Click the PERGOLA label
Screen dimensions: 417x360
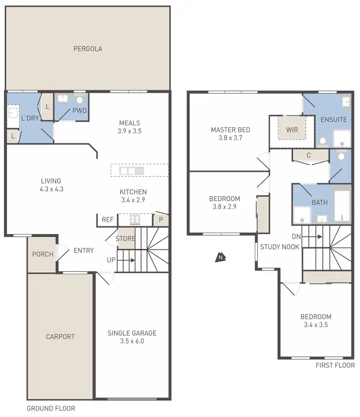88,49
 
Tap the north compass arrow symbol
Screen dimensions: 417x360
220,258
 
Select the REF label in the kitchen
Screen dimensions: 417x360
108,220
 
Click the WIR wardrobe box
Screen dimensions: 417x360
292,130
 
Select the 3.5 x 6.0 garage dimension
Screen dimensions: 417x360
132,342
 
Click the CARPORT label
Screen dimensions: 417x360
60,337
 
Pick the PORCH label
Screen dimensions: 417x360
43,254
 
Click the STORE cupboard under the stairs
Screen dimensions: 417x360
125,238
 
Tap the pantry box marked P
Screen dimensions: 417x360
161,220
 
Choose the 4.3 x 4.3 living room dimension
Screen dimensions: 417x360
51,189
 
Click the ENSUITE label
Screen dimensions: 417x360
334,120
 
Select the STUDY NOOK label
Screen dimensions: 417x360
280,247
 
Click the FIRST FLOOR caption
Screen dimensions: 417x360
335,366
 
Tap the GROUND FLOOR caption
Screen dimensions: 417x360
50,409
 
